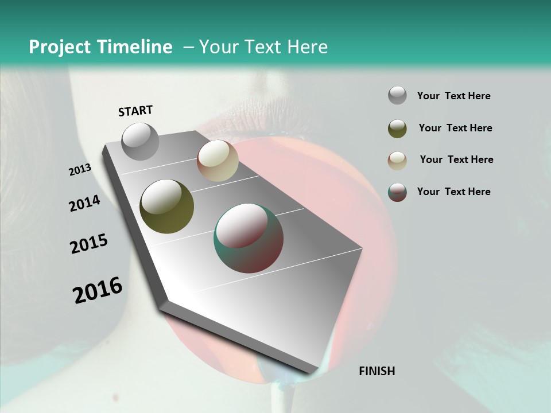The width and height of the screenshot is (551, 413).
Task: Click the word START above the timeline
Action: (135, 111)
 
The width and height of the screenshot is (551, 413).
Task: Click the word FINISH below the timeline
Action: (377, 371)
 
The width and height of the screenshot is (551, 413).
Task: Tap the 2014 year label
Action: (84, 203)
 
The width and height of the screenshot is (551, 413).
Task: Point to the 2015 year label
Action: (89, 244)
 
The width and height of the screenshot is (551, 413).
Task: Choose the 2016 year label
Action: (98, 290)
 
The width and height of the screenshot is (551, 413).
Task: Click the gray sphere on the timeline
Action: (140, 141)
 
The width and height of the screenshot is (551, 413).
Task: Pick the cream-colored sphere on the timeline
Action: (218, 161)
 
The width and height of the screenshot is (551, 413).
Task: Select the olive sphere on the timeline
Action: (166, 206)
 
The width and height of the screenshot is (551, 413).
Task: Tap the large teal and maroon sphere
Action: (249, 238)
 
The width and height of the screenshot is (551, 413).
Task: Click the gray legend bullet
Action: (397, 96)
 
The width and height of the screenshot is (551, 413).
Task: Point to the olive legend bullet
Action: (397, 128)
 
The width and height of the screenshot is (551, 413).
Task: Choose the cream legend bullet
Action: (397, 160)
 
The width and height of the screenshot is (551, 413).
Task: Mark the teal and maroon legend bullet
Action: (397, 192)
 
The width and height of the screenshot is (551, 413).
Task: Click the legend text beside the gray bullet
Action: (453, 96)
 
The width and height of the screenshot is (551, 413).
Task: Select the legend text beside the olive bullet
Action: (455, 128)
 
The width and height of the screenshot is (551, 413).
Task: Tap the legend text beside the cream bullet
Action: (456, 159)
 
